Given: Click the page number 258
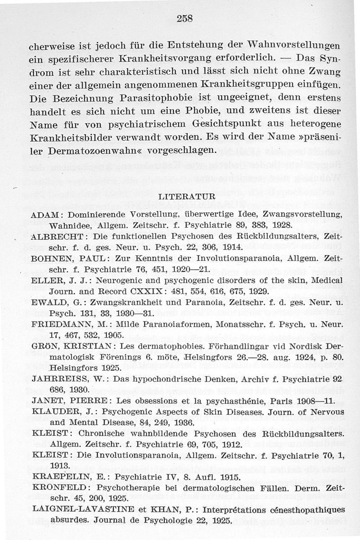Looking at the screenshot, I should [184, 19].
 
